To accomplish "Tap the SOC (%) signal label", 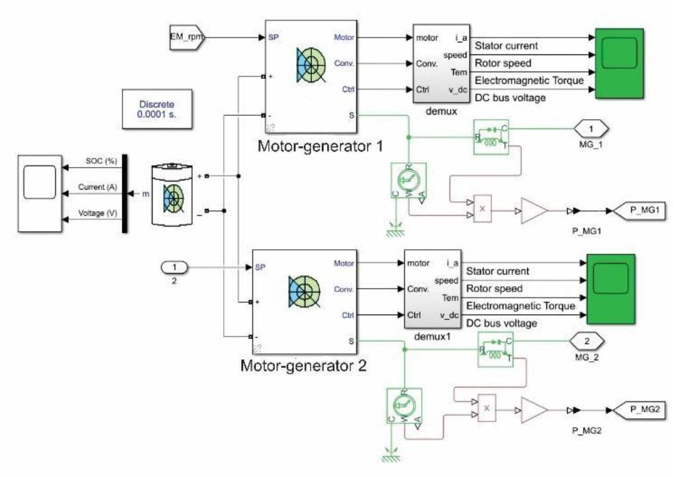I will point(101,161).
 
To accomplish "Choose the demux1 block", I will point(432,290).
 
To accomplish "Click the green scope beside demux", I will point(619,64).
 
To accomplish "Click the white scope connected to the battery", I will point(40,193).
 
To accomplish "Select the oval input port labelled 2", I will point(176,268).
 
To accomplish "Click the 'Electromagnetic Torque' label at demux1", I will point(521,305).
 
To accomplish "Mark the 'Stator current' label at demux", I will point(507,46).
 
